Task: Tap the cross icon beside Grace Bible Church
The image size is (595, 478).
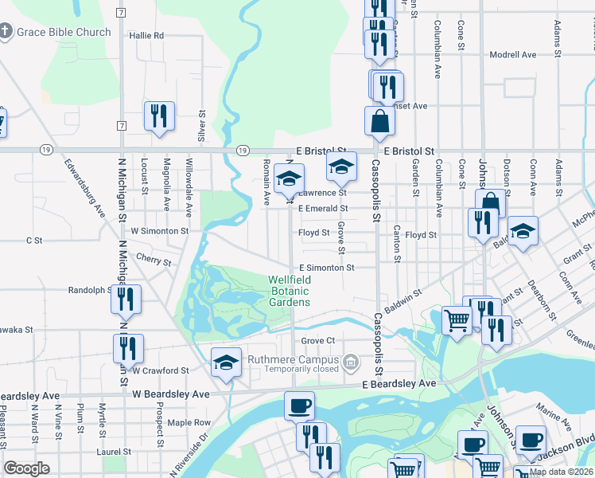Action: pos(6,32)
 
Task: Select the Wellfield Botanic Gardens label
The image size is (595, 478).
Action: pos(290,291)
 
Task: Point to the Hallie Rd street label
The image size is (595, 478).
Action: pos(146,36)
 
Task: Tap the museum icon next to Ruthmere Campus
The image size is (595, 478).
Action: pos(351,363)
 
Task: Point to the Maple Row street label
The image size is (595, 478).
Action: pos(189,422)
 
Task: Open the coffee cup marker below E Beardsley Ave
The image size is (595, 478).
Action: pos(299,406)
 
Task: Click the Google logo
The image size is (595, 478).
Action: pos(27,468)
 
